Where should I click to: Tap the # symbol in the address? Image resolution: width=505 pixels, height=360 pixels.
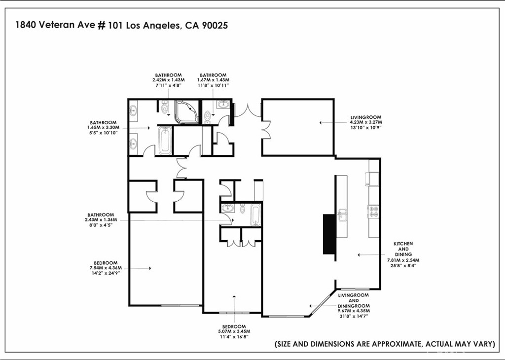pyautogui.click(x=101, y=25)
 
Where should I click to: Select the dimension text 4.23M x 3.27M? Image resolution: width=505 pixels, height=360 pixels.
pyautogui.click(x=366, y=122)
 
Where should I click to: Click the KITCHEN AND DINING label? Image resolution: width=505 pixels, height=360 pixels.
pyautogui.click(x=403, y=249)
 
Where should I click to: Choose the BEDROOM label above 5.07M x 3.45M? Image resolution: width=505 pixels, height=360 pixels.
pyautogui.click(x=234, y=326)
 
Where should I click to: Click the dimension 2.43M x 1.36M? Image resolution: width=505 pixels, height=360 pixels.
pyautogui.click(x=101, y=220)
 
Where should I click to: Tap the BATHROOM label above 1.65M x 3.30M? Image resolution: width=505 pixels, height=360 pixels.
pyautogui.click(x=103, y=123)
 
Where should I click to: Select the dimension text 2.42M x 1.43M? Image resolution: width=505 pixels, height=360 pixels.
pyautogui.click(x=169, y=80)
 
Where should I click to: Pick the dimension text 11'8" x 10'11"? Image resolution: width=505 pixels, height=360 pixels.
pyautogui.click(x=213, y=85)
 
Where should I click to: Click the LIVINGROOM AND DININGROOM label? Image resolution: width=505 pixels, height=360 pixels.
pyautogui.click(x=354, y=300)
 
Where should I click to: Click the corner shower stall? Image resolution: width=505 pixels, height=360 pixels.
pyautogui.click(x=187, y=112)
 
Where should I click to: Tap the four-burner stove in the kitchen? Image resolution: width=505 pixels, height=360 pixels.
pyautogui.click(x=373, y=211)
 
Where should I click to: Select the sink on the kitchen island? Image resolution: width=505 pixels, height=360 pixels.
pyautogui.click(x=342, y=215)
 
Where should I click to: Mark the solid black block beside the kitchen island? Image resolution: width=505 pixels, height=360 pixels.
pyautogui.click(x=329, y=234)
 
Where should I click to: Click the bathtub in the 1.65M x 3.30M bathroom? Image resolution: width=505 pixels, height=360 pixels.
pyautogui.click(x=165, y=140)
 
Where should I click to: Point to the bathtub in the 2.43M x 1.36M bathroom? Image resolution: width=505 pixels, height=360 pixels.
pyautogui.click(x=255, y=215)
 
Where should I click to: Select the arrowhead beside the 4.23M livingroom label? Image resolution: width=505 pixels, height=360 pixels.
pyautogui.click(x=321, y=123)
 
